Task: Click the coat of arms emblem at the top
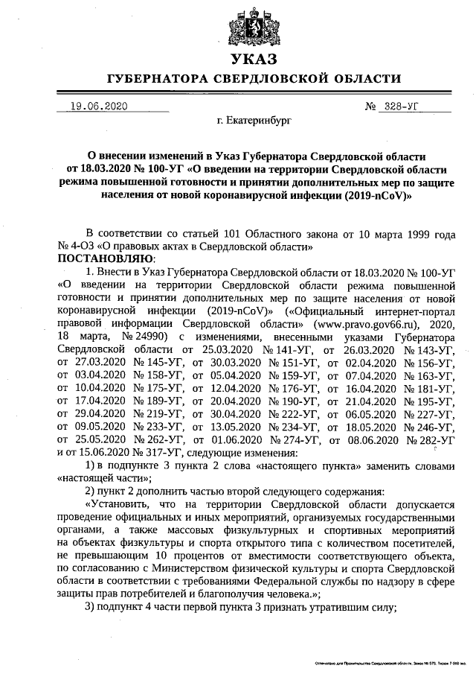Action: [x=253, y=27]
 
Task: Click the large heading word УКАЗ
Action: [x=253, y=60]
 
